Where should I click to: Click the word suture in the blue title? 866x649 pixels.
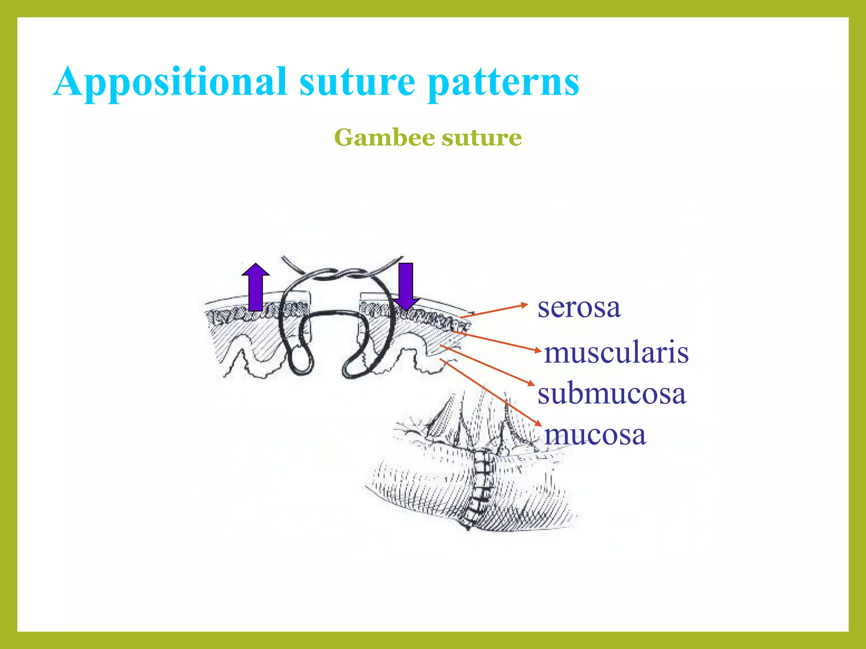(x=357, y=82)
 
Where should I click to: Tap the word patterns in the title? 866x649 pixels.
(x=503, y=82)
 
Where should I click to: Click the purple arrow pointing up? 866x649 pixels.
(x=255, y=287)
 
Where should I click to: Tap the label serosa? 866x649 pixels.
(x=579, y=307)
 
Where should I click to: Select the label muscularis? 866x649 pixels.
(x=616, y=353)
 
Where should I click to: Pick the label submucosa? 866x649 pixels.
(x=611, y=394)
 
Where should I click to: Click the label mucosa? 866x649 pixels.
(x=595, y=435)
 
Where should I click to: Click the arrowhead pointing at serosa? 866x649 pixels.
(x=525, y=305)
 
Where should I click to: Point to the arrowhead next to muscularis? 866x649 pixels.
(x=538, y=350)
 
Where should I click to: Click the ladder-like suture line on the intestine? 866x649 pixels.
(x=482, y=486)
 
